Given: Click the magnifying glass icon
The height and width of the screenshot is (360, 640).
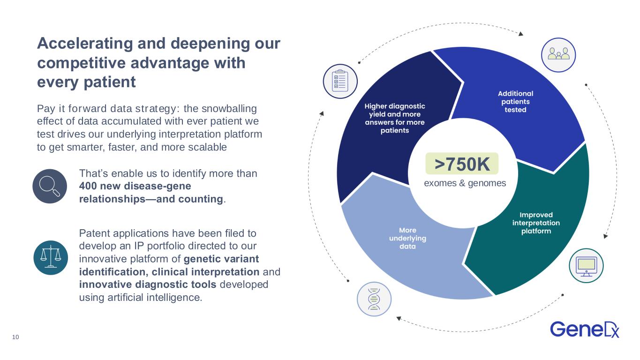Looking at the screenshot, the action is click(50, 186).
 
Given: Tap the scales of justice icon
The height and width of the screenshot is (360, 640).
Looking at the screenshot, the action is click(51, 258).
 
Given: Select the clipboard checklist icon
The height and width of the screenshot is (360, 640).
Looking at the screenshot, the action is click(340, 82).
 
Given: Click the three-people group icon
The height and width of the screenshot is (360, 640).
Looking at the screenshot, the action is click(558, 55).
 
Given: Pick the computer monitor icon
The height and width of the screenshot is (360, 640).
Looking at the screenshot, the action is click(586, 266).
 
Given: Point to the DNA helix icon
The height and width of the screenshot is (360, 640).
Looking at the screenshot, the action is click(374, 299).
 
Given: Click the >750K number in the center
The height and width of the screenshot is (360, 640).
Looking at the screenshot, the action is click(462, 164).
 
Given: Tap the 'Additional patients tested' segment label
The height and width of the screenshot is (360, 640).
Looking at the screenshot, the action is click(515, 101).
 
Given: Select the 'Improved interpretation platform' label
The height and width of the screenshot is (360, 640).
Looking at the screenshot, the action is click(536, 223).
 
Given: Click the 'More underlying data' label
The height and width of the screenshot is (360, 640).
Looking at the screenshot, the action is click(407, 238).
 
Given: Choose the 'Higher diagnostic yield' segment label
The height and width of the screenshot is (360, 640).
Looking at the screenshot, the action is click(395, 118).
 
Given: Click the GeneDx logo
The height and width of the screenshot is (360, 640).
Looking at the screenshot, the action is click(585, 330).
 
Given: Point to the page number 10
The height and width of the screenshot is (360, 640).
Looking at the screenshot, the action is click(15, 337).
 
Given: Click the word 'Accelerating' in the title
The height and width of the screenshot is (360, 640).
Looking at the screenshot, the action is click(85, 44).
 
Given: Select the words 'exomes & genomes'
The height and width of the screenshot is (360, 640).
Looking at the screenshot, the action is click(465, 183).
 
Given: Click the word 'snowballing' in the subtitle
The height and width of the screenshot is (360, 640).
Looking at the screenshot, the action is click(229, 109).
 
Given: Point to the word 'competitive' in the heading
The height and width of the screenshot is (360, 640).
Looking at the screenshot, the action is click(81, 63).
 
